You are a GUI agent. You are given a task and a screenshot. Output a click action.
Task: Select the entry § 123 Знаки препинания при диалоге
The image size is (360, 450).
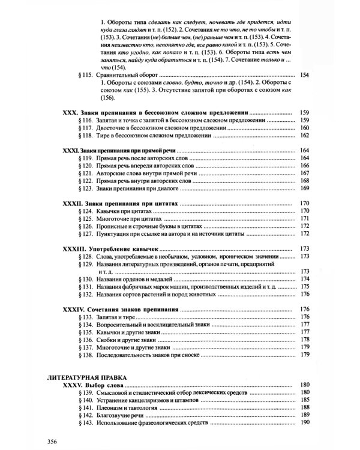136,189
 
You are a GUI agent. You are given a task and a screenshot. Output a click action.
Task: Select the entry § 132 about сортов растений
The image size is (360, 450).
156,294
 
